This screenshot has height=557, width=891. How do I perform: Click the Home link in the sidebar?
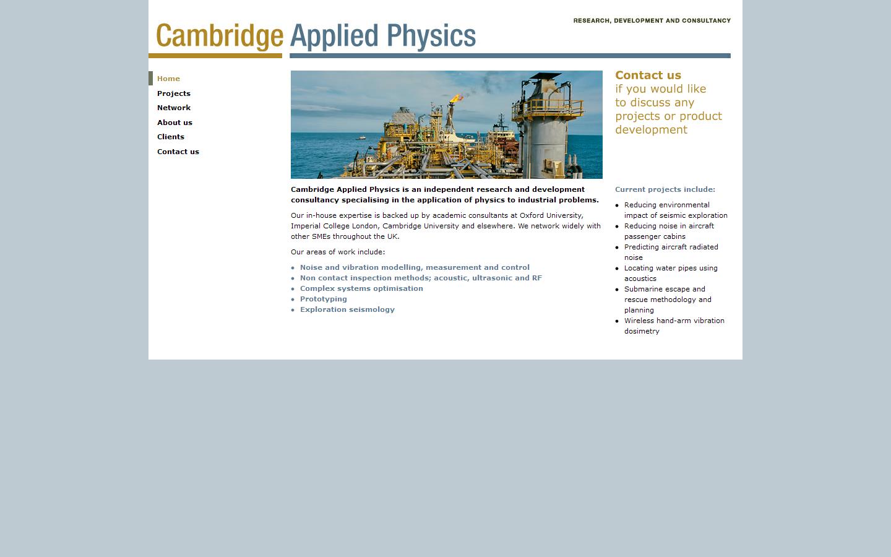(x=168, y=79)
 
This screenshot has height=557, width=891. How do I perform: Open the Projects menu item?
(x=173, y=93)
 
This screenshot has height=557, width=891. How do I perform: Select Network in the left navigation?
(x=173, y=108)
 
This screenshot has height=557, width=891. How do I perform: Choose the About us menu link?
(x=174, y=123)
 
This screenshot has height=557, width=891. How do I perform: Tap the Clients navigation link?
(x=170, y=137)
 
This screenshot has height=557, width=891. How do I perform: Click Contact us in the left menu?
(x=178, y=152)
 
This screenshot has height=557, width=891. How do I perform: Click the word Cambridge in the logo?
(x=219, y=36)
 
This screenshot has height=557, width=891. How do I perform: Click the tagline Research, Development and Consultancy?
(x=652, y=20)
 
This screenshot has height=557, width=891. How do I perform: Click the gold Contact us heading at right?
(x=648, y=76)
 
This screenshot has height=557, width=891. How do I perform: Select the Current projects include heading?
(x=665, y=189)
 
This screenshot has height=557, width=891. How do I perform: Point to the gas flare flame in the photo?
(x=455, y=97)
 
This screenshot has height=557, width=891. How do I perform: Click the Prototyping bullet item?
(x=323, y=299)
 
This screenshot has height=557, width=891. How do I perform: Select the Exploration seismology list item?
(x=347, y=309)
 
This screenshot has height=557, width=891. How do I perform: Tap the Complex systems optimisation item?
(x=361, y=288)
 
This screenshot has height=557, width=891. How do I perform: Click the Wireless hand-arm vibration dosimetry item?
(x=674, y=326)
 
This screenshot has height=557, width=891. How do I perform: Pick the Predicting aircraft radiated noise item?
(x=671, y=252)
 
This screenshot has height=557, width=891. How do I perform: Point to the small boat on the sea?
(x=364, y=137)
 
